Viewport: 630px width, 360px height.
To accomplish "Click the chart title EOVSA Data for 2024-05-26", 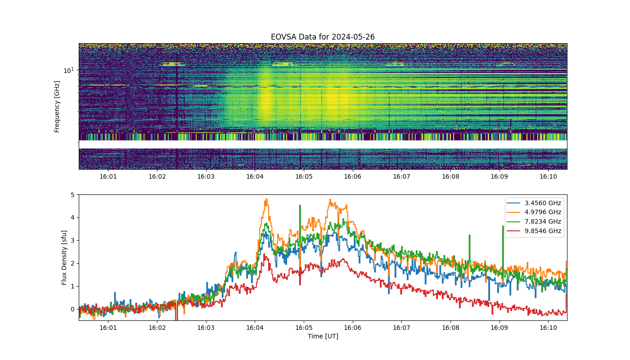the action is tap(323, 37).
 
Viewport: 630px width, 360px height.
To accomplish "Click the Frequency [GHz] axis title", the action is tap(57, 107).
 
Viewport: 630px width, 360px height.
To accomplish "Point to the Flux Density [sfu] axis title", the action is tap(64, 257).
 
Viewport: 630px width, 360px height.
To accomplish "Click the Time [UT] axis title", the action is tap(323, 336).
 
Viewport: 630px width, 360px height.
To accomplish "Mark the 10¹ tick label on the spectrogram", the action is tap(68, 70).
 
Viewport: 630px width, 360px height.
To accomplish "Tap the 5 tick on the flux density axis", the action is tap(72, 194).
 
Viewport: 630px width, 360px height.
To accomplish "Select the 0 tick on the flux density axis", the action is tap(72, 310).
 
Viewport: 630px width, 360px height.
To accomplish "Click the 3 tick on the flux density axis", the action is tap(72, 240).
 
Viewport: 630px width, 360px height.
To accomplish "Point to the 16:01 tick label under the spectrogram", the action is tap(108, 176).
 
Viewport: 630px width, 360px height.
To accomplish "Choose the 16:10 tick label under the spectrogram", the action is tap(548, 176).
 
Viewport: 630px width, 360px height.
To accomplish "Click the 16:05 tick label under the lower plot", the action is tap(304, 328).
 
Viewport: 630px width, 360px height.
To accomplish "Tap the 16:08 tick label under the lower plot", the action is tap(450, 328).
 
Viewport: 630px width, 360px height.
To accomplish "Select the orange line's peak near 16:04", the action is tap(266, 199).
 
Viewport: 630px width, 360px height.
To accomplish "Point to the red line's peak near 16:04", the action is tap(264, 254).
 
